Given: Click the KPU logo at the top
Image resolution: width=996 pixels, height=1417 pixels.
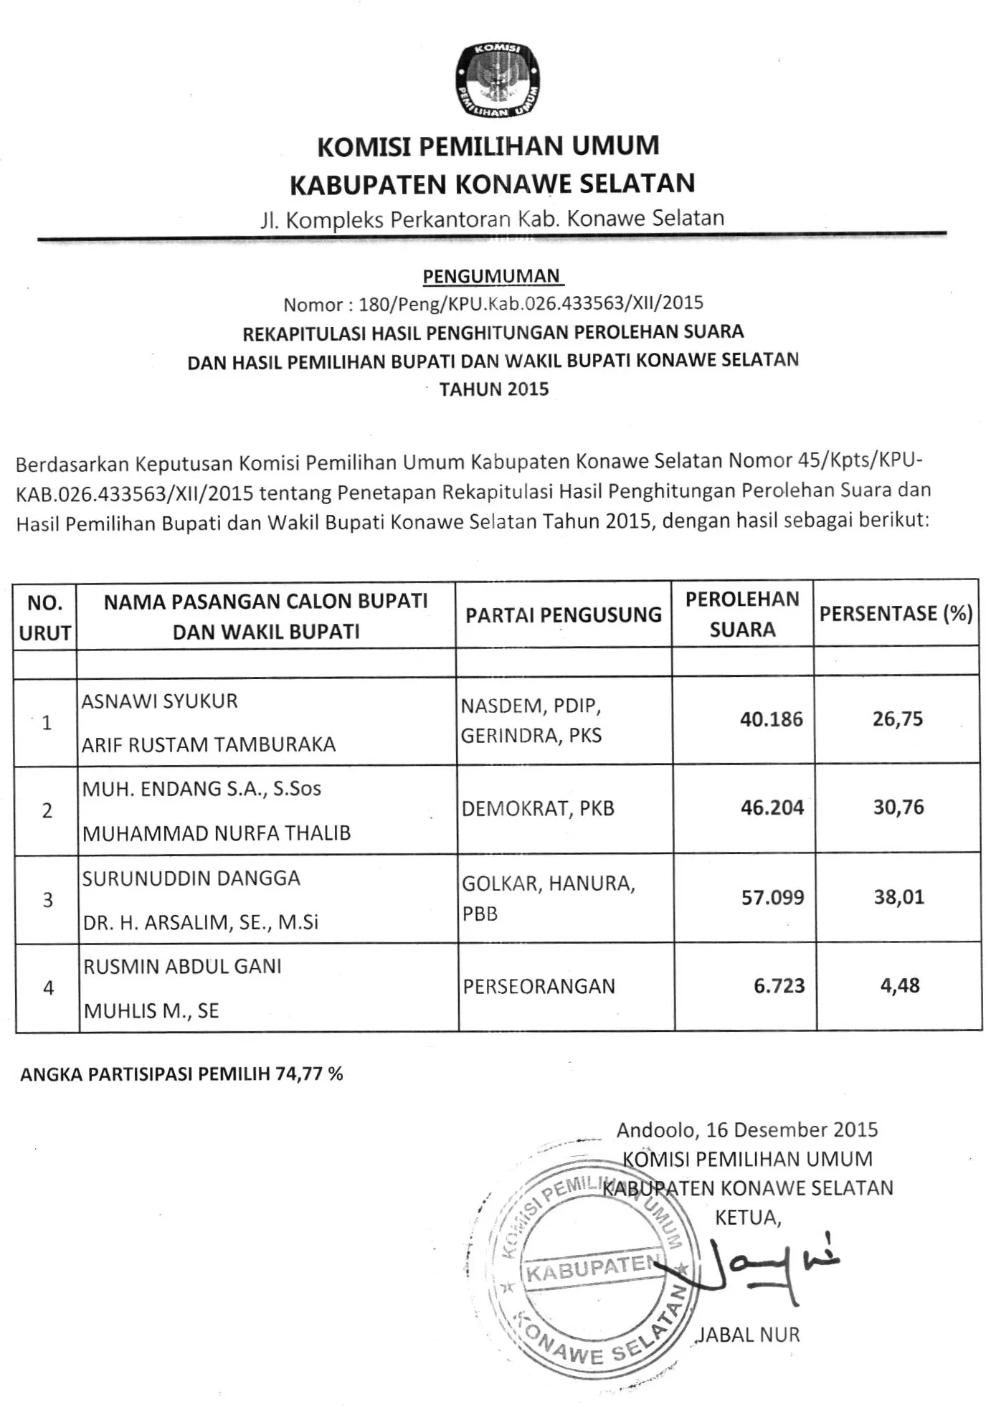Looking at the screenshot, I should coord(498,80).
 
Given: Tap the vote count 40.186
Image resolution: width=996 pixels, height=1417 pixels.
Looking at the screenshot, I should coord(772,719).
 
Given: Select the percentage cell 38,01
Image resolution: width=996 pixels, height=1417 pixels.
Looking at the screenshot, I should coord(898,897).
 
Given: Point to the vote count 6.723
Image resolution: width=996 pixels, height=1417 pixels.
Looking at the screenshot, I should coord(779,986).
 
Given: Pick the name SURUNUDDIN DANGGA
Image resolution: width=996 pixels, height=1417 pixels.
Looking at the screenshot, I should coord(191,878).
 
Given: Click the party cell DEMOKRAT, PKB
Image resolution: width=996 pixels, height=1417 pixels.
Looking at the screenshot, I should coord(538,809).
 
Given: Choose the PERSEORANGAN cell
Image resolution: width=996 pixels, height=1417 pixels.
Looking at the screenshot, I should coord(539,987).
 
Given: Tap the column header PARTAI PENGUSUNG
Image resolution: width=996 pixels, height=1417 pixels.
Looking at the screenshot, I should coord(564,615).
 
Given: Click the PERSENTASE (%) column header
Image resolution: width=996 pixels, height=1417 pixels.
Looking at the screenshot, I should coord(896,614).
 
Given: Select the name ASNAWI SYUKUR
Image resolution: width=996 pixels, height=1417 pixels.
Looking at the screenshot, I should coord(159,701).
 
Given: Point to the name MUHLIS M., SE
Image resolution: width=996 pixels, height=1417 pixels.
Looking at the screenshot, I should coord(151,1011).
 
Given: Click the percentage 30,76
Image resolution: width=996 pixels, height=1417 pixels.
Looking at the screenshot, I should coord(898,807).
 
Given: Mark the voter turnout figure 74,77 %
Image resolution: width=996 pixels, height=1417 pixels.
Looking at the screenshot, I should coord(309,1074).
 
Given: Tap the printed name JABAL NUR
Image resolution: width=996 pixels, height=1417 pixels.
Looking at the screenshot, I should coord(748,1335).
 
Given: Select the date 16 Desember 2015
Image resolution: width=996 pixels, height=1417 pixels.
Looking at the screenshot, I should coord(792,1130).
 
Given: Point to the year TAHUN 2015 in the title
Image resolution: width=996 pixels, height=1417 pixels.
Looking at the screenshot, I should coord(494,389).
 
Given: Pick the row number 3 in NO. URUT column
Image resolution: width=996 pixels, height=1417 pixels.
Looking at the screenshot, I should coord(47,900).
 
